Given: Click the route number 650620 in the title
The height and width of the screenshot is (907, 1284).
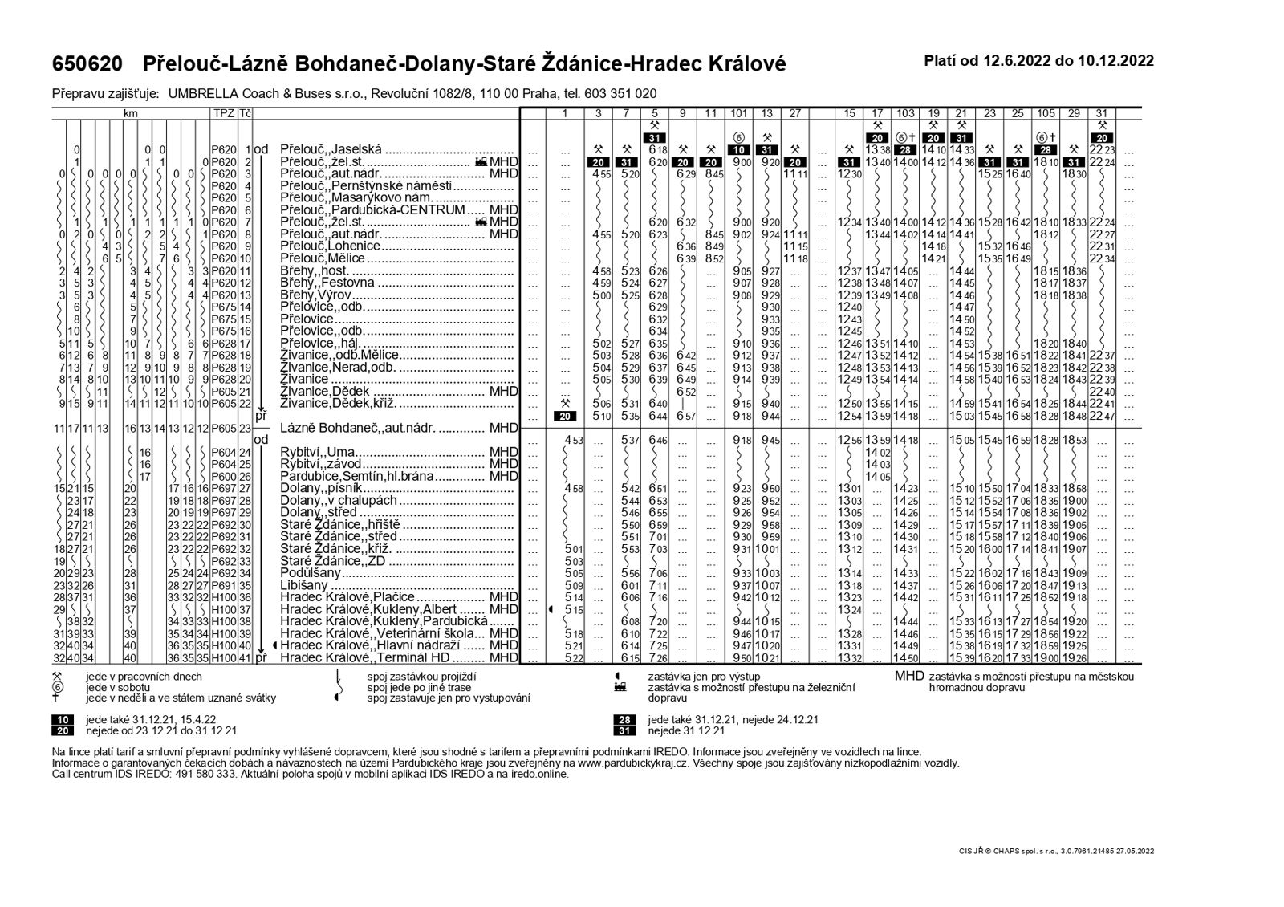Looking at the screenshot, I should pos(87,63).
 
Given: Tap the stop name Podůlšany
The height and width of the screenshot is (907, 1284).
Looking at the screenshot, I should pos(311,573).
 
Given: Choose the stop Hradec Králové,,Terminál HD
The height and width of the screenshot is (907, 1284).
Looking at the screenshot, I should pos(366,658).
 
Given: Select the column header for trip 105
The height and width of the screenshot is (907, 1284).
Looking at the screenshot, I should pos(1046,114).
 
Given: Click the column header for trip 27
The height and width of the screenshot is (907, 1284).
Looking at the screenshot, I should pos(794,114).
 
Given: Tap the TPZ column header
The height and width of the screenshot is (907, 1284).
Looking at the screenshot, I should pos(222,114).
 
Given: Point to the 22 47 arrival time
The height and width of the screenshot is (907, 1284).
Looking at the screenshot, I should pos(1103,416).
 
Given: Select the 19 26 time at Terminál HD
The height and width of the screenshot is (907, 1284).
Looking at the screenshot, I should pos(1075,658).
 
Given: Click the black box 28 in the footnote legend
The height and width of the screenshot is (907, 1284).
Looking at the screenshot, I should pos(624,719).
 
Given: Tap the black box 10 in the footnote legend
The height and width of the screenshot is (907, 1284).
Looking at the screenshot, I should pos(63,719).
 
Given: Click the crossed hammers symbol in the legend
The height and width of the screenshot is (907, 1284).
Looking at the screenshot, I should pos(57,676).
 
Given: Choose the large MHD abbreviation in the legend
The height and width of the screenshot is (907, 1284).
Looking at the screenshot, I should pos(909,676).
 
